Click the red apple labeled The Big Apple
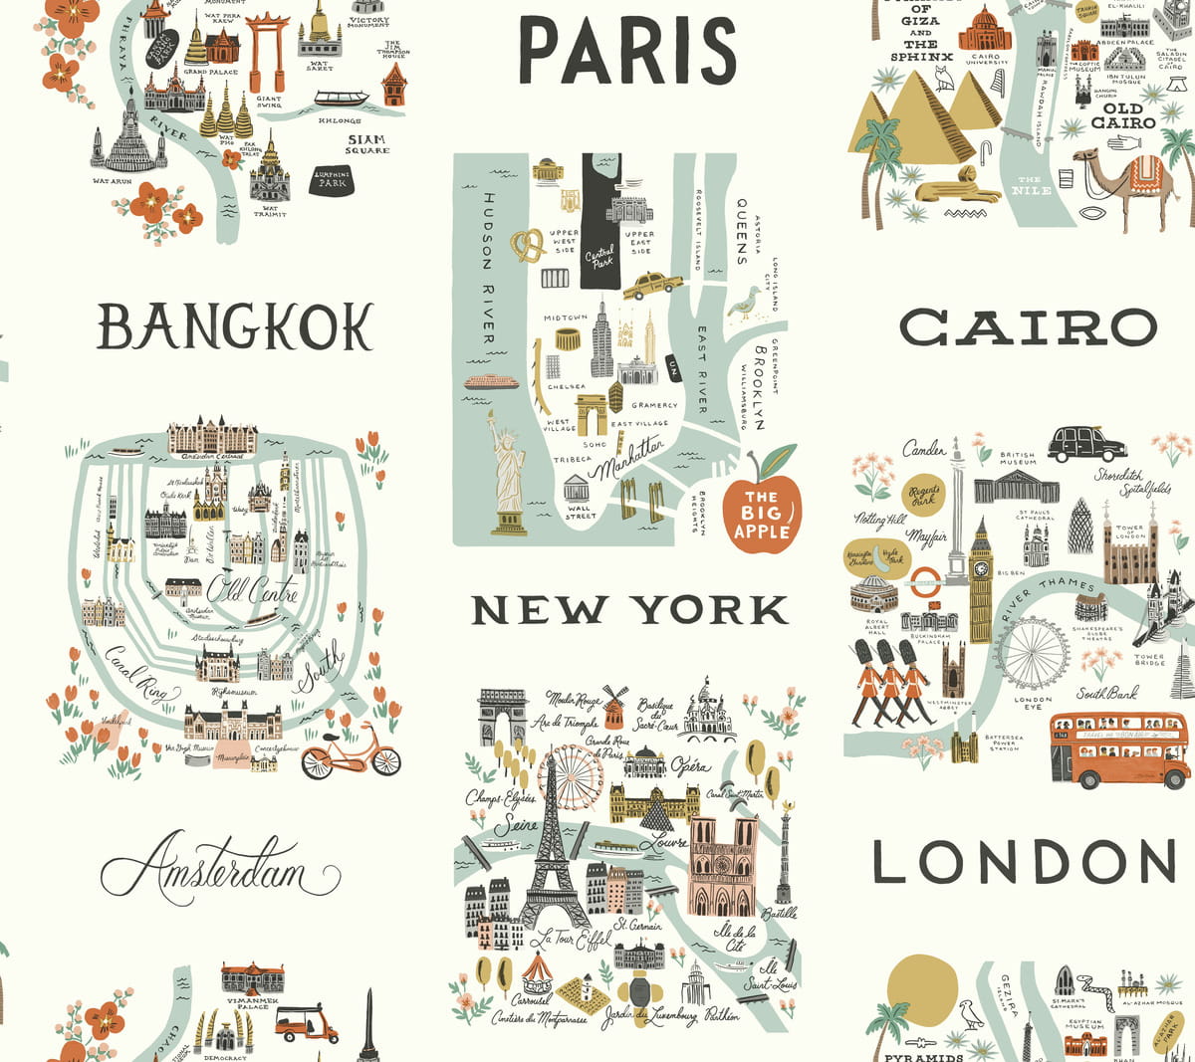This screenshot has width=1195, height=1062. point(762,510)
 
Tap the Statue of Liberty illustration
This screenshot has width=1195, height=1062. point(508,473)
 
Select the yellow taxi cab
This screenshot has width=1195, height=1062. point(652,287)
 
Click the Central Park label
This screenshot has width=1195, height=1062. point(599,256)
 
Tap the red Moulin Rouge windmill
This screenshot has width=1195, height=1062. point(614,707)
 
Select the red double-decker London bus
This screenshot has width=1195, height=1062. point(1118,748)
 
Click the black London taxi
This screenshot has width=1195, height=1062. point(1085,443)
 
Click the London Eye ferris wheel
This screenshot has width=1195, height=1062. point(1033,653)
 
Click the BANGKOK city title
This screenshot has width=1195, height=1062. point(235,325)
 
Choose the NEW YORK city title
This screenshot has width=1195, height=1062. point(629,610)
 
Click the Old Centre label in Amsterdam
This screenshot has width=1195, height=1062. point(253,589)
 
